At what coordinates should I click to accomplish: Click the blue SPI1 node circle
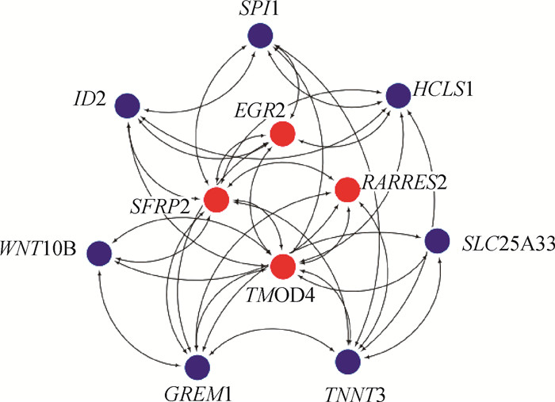click(259, 36)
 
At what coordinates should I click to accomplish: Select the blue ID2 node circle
click(127, 105)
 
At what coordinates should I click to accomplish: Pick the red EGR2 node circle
click(282, 135)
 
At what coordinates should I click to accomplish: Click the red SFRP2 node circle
click(216, 200)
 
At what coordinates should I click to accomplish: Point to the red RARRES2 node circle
click(347, 190)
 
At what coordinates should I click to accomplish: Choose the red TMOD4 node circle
click(282, 266)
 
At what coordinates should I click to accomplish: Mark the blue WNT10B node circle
click(99, 252)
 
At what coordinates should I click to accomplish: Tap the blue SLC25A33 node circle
click(437, 240)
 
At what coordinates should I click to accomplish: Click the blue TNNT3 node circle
click(346, 361)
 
